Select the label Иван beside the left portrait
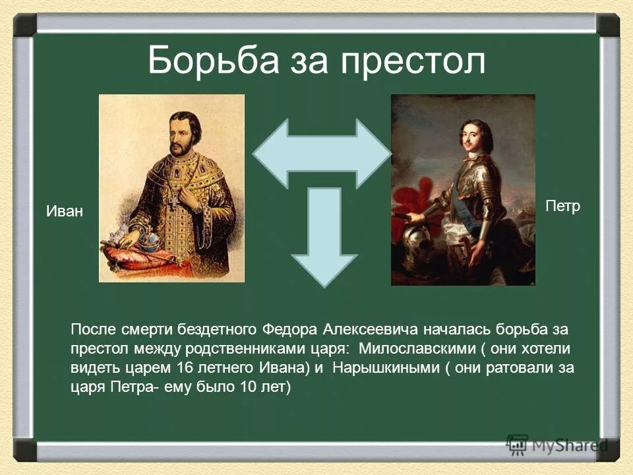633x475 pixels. (65, 212)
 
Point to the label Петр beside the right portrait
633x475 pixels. (562, 206)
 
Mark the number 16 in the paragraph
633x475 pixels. (187, 367)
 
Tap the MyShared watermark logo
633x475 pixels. (555, 444)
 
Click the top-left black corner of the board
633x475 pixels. (26, 26)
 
